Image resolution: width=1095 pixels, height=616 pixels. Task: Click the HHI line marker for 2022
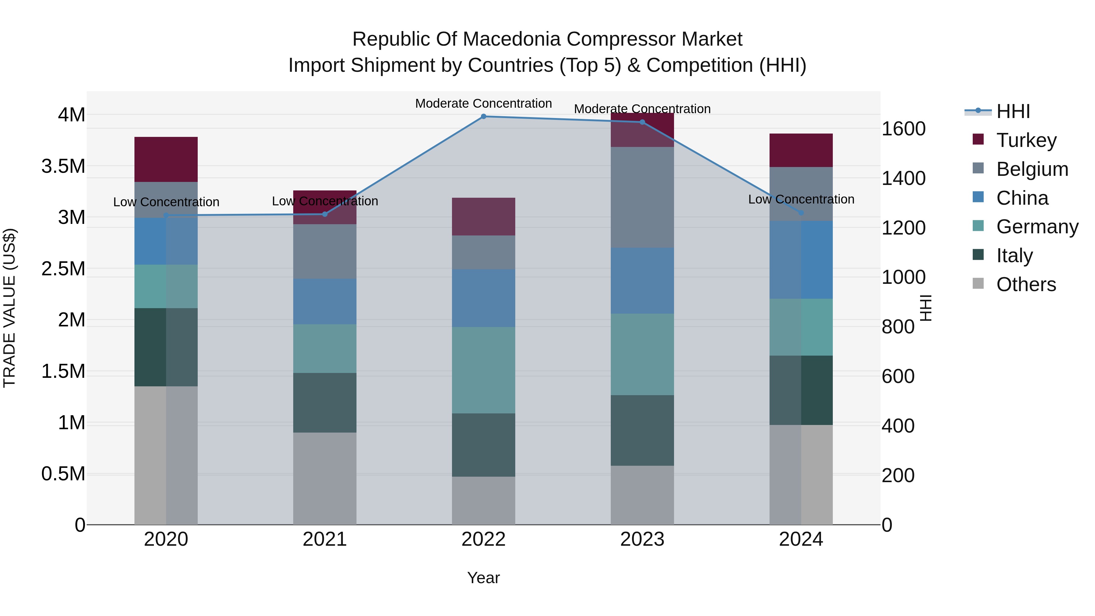point(483,117)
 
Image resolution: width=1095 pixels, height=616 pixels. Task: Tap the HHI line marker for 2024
point(801,213)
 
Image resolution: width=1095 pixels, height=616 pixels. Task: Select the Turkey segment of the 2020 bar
point(166,159)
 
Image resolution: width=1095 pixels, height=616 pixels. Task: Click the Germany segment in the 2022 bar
point(483,370)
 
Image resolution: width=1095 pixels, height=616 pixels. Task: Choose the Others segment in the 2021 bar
point(325,478)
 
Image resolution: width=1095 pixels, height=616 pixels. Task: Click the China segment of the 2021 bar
point(325,301)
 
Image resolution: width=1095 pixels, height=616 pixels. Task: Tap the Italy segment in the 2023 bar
point(642,430)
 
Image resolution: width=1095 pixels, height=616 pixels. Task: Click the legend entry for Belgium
point(1032,169)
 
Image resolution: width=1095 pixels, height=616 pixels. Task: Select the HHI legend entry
point(1013,111)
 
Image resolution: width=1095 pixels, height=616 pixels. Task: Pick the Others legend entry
point(1026,284)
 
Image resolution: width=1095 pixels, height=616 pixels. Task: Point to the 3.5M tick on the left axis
point(63,166)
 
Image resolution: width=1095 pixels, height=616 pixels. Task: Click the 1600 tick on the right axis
point(903,129)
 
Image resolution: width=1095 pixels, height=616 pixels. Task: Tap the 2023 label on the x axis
point(642,539)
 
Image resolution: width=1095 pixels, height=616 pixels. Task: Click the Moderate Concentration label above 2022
point(483,103)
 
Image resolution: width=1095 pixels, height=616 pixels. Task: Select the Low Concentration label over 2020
point(166,202)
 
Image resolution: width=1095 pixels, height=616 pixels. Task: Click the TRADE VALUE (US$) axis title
point(9,308)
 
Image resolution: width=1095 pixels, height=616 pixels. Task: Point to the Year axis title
point(483,578)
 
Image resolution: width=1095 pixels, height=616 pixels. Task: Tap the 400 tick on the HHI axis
point(898,426)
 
